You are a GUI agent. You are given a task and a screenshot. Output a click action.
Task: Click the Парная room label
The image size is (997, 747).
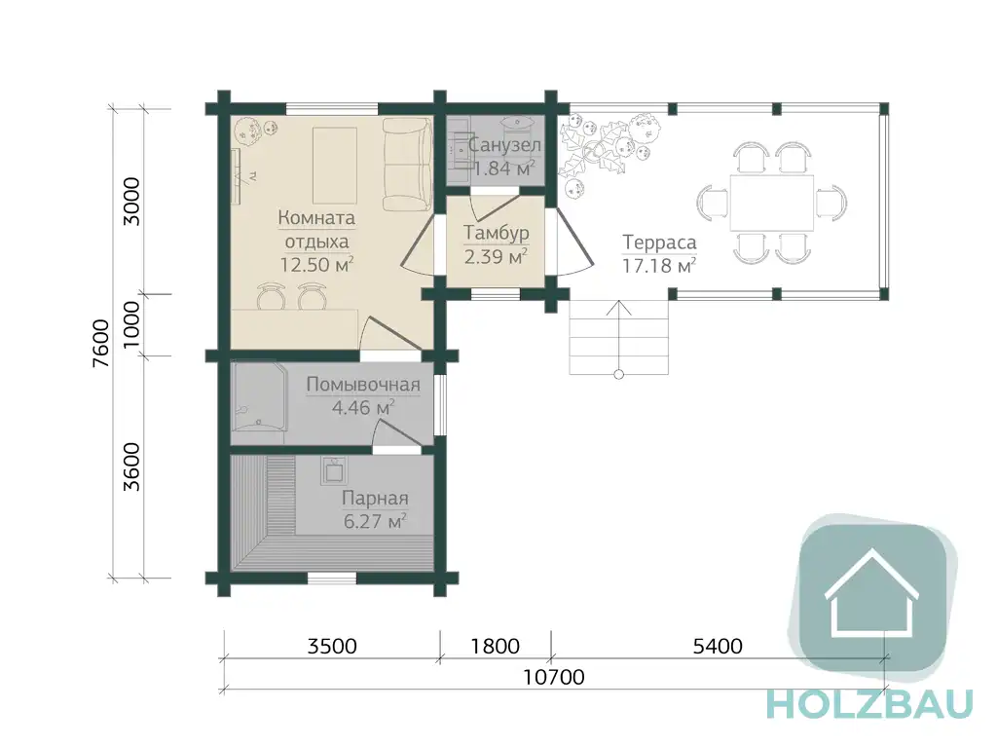pos(375,499)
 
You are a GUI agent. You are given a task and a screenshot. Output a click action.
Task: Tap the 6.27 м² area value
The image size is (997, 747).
pos(375,522)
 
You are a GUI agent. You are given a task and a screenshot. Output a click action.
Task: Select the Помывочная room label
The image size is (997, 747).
pos(363,385)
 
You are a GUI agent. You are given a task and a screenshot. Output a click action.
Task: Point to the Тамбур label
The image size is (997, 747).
pos(496,233)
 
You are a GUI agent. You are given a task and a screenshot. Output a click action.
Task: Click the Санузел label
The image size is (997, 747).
pos(505,145)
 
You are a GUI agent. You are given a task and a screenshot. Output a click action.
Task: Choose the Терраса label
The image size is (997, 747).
pos(659,243)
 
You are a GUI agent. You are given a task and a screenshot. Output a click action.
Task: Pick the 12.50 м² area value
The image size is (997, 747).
pos(316,265)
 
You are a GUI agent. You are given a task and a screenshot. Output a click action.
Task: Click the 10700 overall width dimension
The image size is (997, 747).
pos(553,677)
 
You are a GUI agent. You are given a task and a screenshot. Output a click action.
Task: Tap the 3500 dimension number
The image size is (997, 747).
pos(332,647)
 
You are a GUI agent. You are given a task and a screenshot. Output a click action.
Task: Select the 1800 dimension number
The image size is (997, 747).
pos(496,647)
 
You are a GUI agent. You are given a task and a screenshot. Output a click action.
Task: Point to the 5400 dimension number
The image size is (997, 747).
pos(718,647)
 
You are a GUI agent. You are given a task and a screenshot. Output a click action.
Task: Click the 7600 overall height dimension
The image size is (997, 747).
pos(101,344)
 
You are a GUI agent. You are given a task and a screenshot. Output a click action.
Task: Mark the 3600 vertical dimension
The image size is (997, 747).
pos(131,467)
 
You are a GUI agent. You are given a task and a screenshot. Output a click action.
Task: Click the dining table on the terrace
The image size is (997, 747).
pos(772,203)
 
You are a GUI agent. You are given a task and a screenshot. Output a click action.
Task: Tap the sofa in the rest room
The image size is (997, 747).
pos(408,165)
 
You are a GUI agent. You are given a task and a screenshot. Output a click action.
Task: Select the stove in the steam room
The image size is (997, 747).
pos(334,470)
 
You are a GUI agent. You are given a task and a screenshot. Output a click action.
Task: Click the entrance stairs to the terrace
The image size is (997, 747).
pos(618,337)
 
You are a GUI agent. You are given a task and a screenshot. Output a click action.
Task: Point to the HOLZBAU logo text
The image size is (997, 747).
pos(869,704)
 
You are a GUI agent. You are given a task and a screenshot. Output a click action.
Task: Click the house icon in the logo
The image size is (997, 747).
pos(871,593)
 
